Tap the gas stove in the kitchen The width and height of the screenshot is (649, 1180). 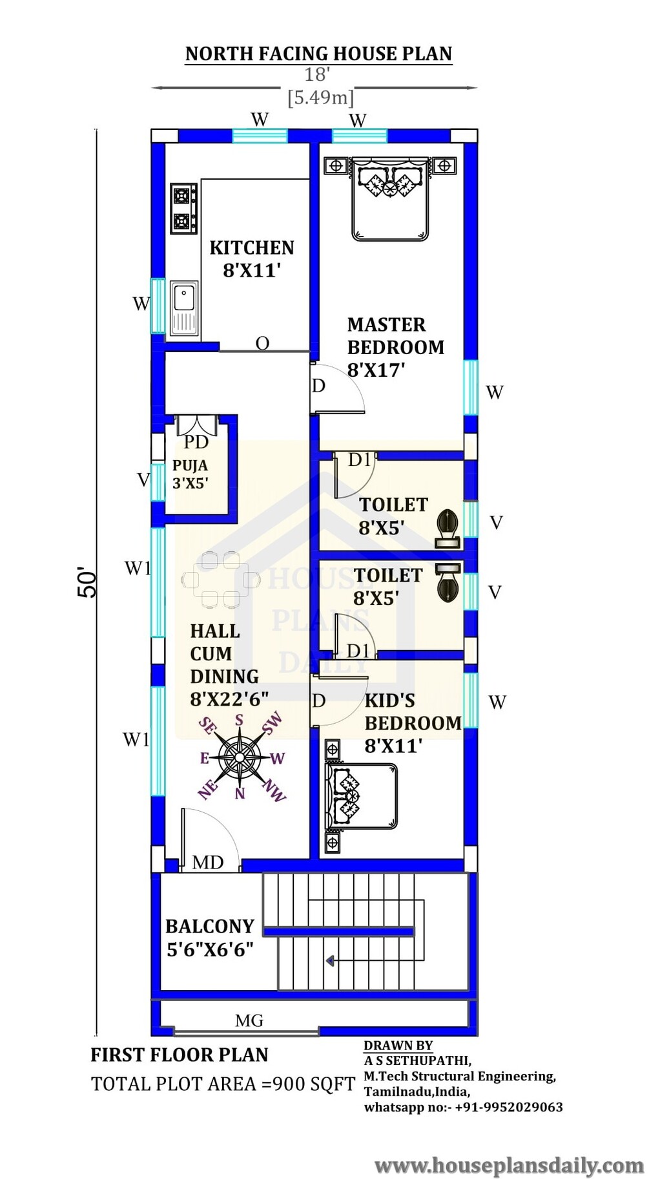(184, 208)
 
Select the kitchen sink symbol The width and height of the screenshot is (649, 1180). (184, 308)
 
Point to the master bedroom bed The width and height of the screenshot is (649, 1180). (390, 198)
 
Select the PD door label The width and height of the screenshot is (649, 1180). (196, 442)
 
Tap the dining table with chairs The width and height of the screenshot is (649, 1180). (221, 580)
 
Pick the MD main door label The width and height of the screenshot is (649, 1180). (208, 862)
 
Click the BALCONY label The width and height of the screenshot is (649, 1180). (210, 926)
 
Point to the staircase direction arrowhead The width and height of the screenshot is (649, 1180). (330, 961)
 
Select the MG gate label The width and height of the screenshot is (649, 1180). (249, 1020)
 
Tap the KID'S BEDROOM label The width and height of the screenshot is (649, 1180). (413, 711)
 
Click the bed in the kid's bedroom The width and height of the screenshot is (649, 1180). (361, 796)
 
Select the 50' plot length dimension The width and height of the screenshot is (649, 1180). (88, 582)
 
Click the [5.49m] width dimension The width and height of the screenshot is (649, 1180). (321, 98)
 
